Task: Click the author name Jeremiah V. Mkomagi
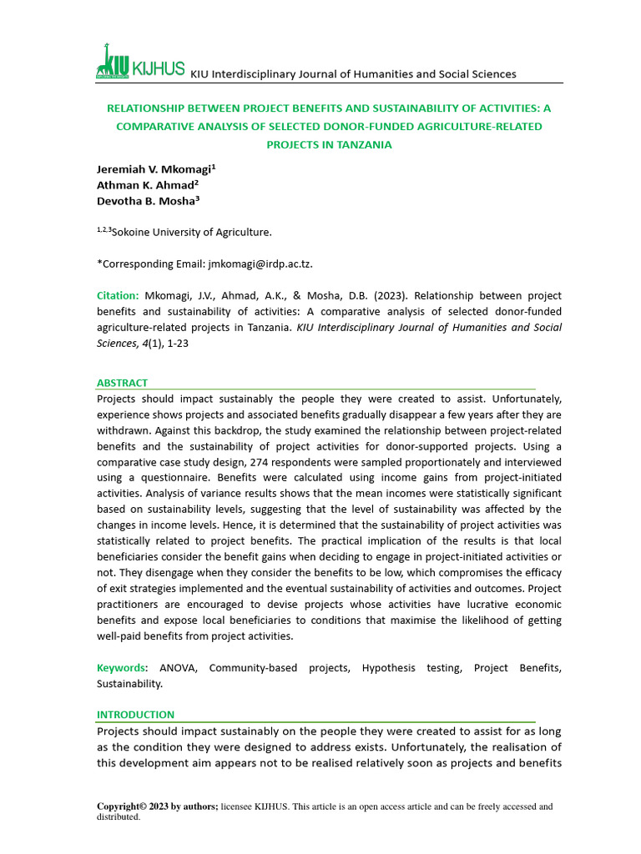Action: [x=154, y=168]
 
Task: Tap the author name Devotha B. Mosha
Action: [x=148, y=201]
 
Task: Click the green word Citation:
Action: [x=118, y=296]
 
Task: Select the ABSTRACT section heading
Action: [x=122, y=383]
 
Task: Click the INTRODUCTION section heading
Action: [x=135, y=715]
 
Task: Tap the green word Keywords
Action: [x=121, y=668]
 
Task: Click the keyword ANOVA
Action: [x=179, y=668]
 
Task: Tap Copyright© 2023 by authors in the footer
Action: [x=158, y=806]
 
